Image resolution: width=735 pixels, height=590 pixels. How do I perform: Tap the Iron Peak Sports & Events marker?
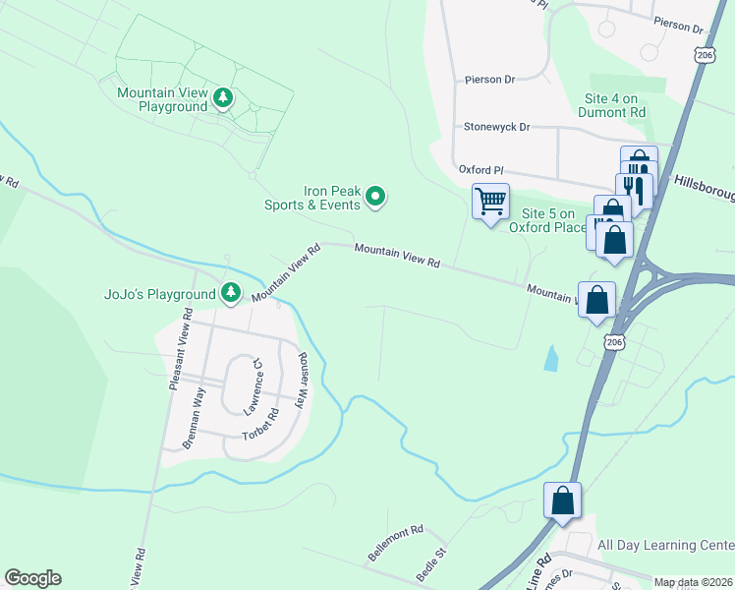point(374,199)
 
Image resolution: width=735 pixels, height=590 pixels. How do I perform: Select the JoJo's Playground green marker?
point(231,292)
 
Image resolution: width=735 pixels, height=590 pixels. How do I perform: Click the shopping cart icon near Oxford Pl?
point(490,202)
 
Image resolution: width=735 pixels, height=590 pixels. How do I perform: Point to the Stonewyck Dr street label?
point(496,128)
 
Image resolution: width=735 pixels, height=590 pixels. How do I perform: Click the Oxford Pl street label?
point(481,170)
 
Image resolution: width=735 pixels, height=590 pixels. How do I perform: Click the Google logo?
point(32,578)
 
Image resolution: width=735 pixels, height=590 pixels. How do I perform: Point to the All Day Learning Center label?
point(665,545)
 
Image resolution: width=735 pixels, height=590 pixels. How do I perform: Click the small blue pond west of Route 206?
point(551,357)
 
